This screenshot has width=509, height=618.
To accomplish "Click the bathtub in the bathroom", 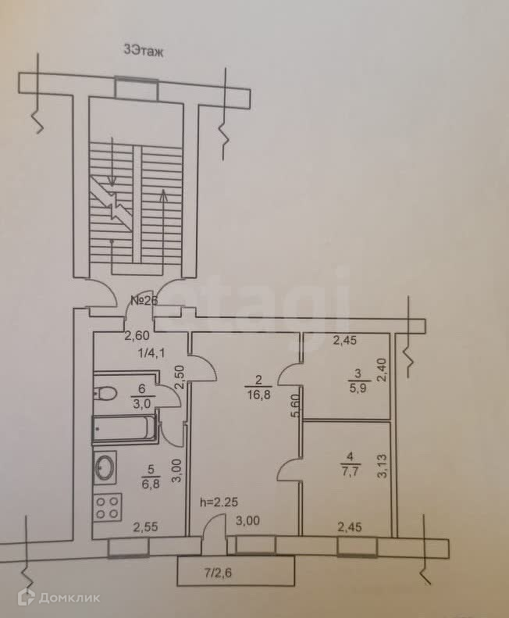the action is (125, 429).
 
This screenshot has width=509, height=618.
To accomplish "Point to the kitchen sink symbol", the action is (105, 468).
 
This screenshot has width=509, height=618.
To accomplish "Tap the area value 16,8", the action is (258, 394).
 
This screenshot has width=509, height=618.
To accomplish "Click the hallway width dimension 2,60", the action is (138, 337).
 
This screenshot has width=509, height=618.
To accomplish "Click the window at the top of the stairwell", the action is (137, 87).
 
